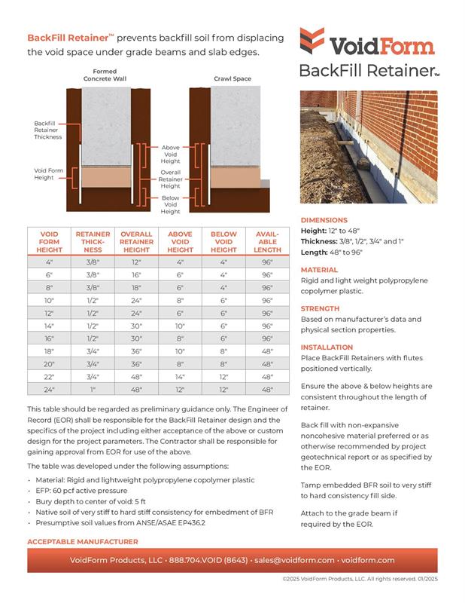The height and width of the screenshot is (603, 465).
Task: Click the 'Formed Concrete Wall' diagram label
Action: pos(105,75)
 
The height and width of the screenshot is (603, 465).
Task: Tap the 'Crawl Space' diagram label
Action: pos(232,78)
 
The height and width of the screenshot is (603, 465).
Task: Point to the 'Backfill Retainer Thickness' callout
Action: pos(47,130)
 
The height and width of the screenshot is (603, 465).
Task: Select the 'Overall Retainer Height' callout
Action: pos(171,179)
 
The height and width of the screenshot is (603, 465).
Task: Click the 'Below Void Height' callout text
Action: pos(171,204)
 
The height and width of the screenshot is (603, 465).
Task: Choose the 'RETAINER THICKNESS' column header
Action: pos(93,242)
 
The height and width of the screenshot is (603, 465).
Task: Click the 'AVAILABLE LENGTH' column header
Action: pos(267,242)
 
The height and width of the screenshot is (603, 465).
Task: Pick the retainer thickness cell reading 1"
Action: pos(93,389)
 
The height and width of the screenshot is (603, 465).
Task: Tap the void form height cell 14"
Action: pos(49,325)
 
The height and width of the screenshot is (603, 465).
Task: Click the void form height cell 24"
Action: pos(49,389)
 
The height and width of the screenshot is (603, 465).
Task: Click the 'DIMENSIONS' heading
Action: pos(324,220)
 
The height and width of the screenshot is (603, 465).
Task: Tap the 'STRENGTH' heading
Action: pos(321,308)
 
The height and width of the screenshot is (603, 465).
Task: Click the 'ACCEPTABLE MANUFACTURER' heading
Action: pos(82,542)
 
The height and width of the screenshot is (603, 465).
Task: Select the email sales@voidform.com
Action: pos(294,560)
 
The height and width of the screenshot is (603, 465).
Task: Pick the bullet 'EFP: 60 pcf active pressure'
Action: pos(94,491)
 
